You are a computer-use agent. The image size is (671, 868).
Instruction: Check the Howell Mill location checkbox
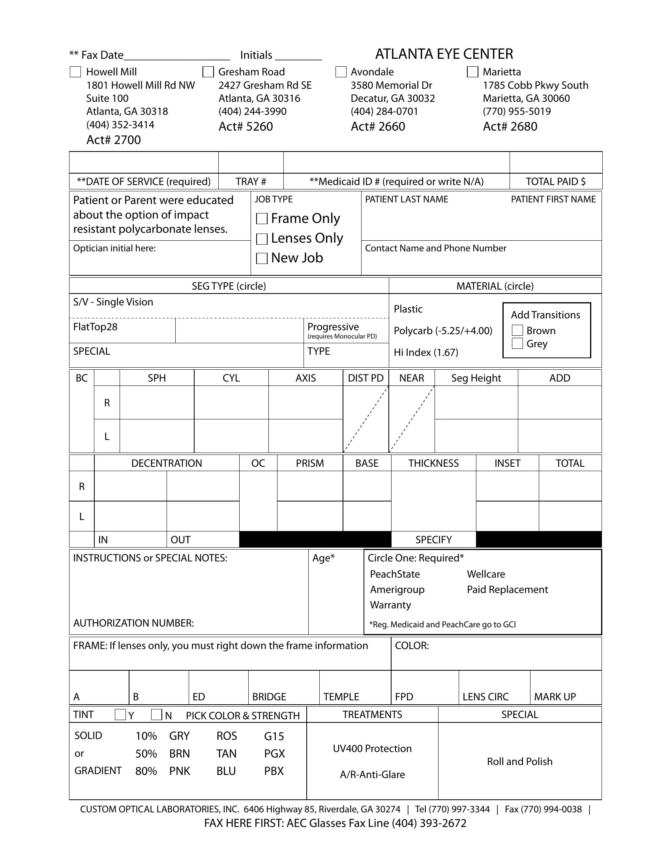(75, 72)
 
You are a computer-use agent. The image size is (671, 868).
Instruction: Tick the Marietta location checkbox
(472, 72)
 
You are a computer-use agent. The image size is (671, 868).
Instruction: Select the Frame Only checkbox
(262, 219)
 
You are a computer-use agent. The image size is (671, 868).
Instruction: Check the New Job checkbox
(262, 258)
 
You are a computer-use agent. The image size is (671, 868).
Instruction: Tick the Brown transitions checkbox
(517, 330)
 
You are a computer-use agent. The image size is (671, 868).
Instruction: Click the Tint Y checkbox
(120, 715)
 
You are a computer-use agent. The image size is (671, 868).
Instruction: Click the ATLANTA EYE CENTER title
(444, 54)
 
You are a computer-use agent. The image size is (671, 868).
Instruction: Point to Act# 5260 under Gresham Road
(246, 126)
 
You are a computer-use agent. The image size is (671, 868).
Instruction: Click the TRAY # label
(250, 181)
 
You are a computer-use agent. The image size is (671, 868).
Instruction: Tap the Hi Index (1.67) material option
(426, 352)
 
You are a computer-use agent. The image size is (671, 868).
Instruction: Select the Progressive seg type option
(333, 327)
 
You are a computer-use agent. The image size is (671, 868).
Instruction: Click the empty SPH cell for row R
(157, 402)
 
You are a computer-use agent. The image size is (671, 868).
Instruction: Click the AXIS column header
(305, 378)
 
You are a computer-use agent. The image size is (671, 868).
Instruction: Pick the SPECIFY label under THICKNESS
(433, 540)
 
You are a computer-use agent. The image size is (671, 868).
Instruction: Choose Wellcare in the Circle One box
(486, 574)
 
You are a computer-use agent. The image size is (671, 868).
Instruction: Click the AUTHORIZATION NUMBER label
(133, 623)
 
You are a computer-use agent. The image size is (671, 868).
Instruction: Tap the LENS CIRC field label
(485, 697)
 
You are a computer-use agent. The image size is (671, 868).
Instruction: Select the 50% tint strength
(146, 754)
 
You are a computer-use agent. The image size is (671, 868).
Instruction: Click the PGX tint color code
(274, 754)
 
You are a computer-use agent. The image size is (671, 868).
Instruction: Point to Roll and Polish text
(519, 761)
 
